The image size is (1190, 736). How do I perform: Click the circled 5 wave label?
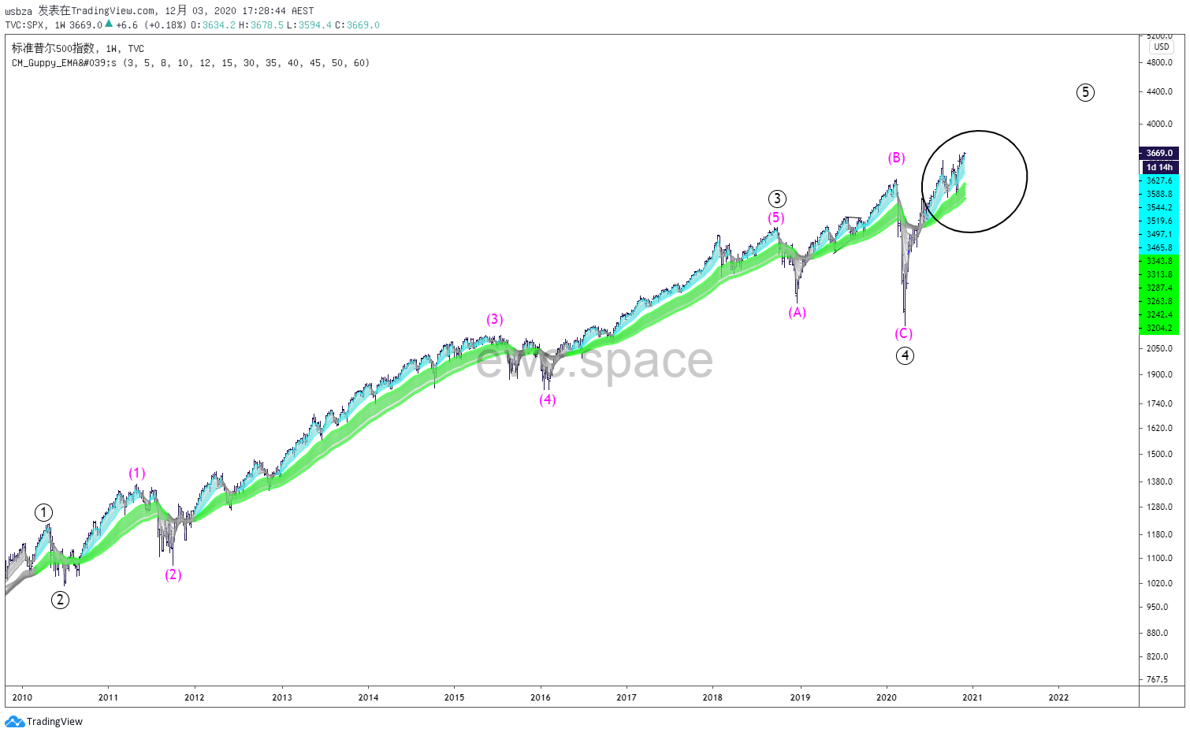[1085, 93]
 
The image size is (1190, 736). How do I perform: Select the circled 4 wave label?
[905, 355]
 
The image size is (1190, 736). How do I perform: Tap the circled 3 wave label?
[777, 199]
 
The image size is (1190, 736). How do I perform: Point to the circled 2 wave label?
[60, 600]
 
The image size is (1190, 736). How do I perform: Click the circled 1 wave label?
[43, 513]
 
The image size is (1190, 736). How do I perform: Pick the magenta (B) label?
[896, 158]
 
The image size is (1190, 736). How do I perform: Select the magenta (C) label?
[903, 333]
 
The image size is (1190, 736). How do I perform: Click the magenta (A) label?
[797, 312]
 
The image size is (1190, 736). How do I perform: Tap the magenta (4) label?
[547, 400]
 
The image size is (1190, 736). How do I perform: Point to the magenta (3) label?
[494, 319]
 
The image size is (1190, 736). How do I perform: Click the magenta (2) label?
[173, 574]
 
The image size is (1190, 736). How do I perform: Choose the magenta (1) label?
[137, 473]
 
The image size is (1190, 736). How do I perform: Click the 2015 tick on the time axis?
[454, 697]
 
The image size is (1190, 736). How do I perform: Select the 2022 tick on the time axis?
[1058, 697]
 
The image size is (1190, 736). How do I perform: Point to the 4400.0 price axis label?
[1159, 91]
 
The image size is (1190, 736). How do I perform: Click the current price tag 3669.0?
[1159, 153]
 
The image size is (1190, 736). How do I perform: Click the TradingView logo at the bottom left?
[44, 721]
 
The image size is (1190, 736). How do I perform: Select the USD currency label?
[1162, 46]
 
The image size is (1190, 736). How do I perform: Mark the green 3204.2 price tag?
[1159, 328]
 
